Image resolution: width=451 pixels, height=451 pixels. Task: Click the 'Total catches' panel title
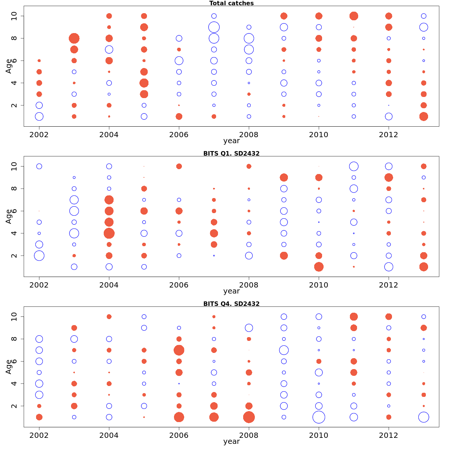click(231, 3)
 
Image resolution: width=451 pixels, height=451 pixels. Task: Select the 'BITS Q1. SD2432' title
click(231, 153)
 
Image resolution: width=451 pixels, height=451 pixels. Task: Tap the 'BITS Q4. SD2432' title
click(231, 304)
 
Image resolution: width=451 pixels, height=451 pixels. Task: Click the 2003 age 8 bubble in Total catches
click(74, 38)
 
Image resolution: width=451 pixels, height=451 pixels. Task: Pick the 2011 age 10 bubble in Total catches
click(354, 16)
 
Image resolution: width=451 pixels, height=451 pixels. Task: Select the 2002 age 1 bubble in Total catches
click(39, 117)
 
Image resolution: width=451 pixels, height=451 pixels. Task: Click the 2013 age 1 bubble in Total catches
click(424, 117)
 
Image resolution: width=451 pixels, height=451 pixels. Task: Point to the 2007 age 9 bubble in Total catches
click(214, 27)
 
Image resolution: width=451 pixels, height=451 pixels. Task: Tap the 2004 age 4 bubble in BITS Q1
click(109, 233)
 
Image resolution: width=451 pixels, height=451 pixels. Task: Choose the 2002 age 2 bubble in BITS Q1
click(39, 256)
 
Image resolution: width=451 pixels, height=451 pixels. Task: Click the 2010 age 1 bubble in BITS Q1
click(319, 267)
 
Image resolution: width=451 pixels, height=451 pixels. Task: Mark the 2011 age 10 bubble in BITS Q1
click(354, 166)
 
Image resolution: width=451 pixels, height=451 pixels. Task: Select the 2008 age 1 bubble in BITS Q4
click(249, 417)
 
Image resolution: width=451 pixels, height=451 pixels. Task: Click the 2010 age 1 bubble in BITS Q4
click(319, 417)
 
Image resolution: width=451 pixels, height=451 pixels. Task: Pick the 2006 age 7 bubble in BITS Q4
click(179, 350)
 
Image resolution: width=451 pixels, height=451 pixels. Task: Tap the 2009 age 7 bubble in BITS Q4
click(284, 350)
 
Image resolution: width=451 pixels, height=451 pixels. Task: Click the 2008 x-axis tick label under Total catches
click(249, 135)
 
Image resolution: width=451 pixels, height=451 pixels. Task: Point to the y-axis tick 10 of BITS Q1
click(14, 166)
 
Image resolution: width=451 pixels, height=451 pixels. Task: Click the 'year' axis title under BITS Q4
click(231, 442)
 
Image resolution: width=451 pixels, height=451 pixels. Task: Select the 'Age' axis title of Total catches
click(8, 66)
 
